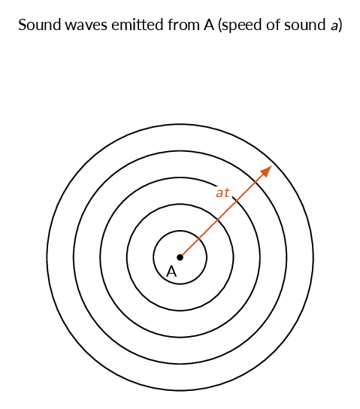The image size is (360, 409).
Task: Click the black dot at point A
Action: pyautogui.click(x=180, y=257)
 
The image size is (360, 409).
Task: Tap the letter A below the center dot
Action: pyautogui.click(x=171, y=271)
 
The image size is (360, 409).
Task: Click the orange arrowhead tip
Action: pyautogui.click(x=272, y=165)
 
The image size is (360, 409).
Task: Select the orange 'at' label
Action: pyautogui.click(x=222, y=192)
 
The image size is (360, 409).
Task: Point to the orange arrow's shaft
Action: pyautogui.click(x=226, y=211)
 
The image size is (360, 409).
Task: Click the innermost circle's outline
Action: pyautogui.click(x=207, y=257)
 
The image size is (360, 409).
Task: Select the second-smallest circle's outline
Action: pyautogui.click(x=233, y=257)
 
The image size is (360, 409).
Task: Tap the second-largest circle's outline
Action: pyautogui.click(x=287, y=257)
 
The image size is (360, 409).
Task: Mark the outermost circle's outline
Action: pyautogui.click(x=313, y=257)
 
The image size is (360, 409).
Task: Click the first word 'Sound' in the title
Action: pyautogui.click(x=39, y=25)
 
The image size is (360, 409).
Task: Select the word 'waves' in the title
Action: pyautogui.click(x=86, y=26)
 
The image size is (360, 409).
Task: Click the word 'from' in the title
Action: pyautogui.click(x=183, y=25)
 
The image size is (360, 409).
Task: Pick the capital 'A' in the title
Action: pyautogui.click(x=209, y=25)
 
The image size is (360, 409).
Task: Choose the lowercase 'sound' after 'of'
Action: pyautogui.click(x=304, y=25)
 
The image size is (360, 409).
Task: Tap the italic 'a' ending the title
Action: pyautogui.click(x=334, y=26)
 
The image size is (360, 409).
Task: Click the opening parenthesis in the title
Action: pyautogui.click(x=219, y=26)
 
